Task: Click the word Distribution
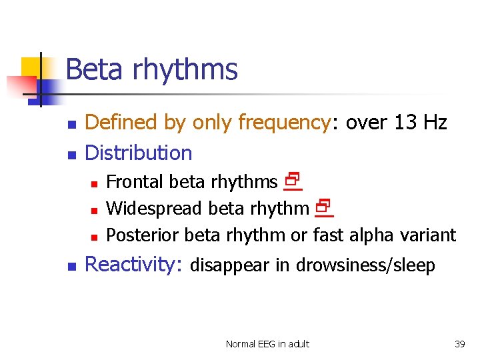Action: coord(139,153)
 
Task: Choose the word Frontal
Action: coord(135,181)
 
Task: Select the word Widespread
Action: coord(155,208)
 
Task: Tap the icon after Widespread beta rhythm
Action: coord(323,208)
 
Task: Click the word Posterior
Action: coord(143,235)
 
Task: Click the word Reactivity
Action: coord(133,265)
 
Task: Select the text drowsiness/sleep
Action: coord(365,265)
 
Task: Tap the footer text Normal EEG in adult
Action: coord(267,344)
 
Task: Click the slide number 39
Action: coord(459,344)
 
